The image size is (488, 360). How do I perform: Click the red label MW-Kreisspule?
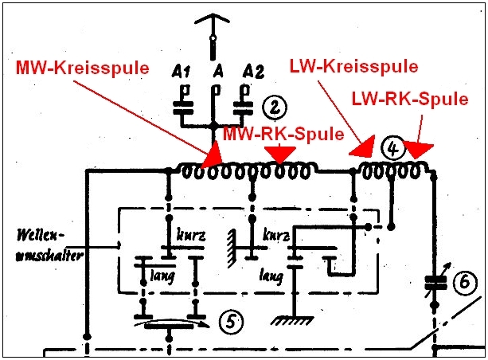(83, 68)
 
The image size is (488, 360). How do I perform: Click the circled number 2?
(273, 106)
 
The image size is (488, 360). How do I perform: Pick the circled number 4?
(392, 147)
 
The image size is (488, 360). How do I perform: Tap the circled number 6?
(466, 281)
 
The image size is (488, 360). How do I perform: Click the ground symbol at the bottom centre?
(289, 320)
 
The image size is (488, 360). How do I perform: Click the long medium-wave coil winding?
(246, 170)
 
